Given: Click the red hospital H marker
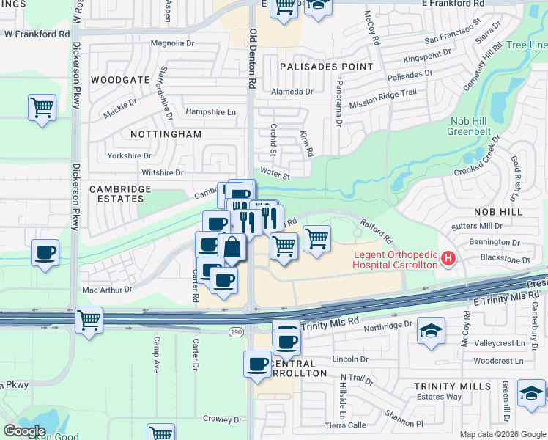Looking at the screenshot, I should point(447,259).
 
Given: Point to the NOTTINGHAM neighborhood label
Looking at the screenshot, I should point(166,134).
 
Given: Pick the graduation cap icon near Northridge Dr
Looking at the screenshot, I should point(431,331).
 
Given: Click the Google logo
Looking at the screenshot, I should point(24,431).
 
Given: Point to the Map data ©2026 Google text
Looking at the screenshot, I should point(502,434).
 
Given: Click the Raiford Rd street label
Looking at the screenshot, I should point(376,230).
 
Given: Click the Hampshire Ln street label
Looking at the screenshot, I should point(211,112).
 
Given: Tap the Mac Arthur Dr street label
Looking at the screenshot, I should point(107,290).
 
